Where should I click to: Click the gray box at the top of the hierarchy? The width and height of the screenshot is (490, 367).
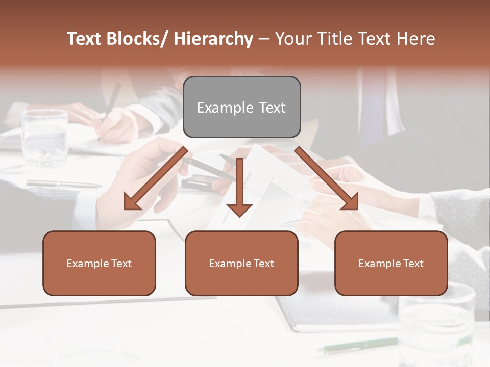pos(241,107)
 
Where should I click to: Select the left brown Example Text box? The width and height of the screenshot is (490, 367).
pos(99,263)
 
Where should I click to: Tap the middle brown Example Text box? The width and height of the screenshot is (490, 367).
pos(241,263)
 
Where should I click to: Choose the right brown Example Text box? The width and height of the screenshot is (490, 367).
pos(391,263)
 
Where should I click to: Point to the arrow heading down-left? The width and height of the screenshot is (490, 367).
pos(156,178)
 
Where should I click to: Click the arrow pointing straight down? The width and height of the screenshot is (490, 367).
pos(239,189)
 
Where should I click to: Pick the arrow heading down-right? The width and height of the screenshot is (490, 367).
pos(326,178)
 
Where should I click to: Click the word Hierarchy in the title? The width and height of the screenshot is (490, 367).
pos(213,39)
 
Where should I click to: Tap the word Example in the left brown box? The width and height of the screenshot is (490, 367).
pos(87,263)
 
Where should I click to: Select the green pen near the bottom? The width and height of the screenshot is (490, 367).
pos(357,345)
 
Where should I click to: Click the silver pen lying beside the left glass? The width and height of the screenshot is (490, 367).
pos(64,183)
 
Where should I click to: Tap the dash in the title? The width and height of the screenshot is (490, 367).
pos(264,39)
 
